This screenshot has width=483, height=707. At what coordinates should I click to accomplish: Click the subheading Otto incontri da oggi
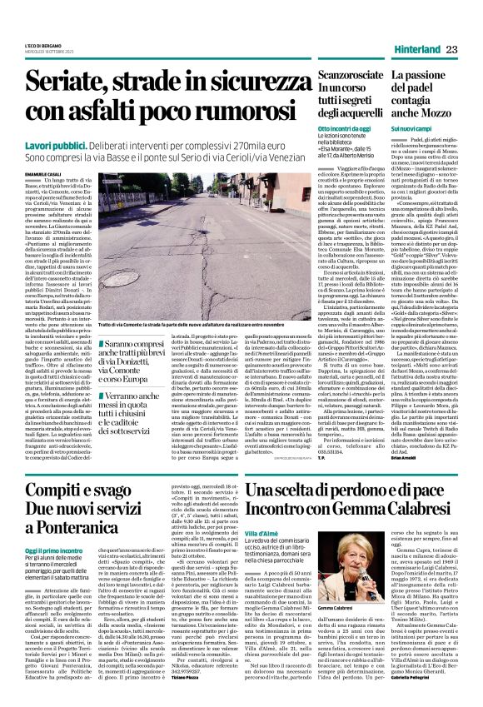[x=343, y=128]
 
